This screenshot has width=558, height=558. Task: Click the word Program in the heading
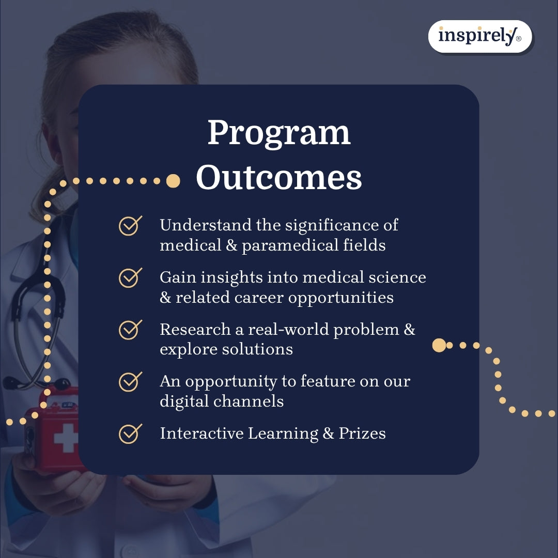point(279,133)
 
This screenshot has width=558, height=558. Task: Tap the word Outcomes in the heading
point(279,177)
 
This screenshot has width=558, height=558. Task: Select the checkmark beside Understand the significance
point(130,226)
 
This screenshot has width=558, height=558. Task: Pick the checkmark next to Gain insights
point(130,277)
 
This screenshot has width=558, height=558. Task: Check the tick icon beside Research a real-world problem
point(130,329)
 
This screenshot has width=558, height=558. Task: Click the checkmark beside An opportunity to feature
point(130,381)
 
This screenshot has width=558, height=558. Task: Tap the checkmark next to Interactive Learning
point(130,433)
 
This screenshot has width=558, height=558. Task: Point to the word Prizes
point(362,433)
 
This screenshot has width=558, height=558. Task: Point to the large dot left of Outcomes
point(173,181)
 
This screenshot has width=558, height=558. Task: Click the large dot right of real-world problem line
point(439,345)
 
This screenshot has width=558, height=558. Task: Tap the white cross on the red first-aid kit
point(66,438)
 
